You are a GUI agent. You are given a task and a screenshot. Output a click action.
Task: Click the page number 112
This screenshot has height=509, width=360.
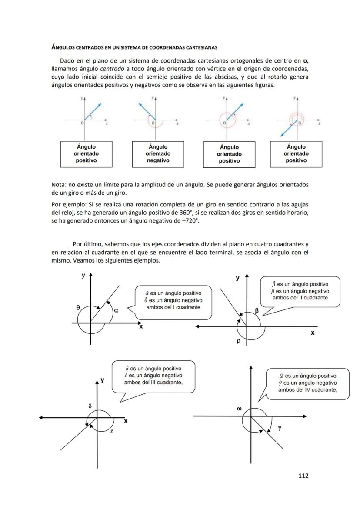point(303,476)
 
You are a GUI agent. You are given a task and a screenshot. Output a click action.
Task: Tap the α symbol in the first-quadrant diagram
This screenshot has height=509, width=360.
point(116,310)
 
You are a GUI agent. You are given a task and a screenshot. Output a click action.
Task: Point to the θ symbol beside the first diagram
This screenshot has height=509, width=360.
point(78,307)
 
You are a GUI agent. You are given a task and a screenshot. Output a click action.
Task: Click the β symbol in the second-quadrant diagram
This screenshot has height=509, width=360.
point(257,310)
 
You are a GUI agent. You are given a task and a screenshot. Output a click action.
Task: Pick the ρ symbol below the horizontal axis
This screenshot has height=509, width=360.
point(239,341)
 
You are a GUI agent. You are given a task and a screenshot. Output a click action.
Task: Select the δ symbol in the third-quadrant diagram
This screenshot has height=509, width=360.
point(90,406)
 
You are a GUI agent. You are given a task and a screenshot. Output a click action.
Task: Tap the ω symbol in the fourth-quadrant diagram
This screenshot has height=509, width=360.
point(239,409)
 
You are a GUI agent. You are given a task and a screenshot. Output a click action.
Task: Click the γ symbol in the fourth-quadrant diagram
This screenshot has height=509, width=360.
point(280,428)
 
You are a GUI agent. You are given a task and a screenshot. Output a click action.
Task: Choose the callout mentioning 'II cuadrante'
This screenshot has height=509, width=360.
point(300,291)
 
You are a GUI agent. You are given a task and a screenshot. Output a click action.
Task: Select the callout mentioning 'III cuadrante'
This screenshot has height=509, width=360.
point(153,376)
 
